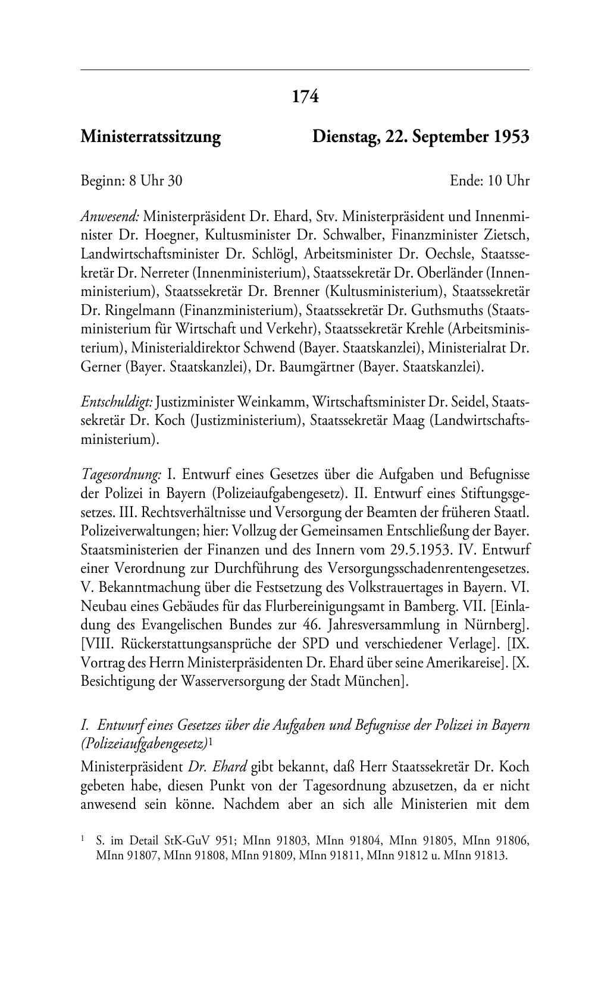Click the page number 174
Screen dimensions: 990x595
[x=306, y=96]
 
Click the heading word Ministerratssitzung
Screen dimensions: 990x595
[x=151, y=137]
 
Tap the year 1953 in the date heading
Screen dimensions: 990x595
[x=511, y=137]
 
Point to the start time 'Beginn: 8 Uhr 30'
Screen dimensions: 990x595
[x=131, y=181]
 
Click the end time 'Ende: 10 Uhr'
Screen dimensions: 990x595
[x=490, y=181]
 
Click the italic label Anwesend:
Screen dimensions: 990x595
[x=110, y=215]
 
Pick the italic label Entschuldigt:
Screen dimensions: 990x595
[x=117, y=403]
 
